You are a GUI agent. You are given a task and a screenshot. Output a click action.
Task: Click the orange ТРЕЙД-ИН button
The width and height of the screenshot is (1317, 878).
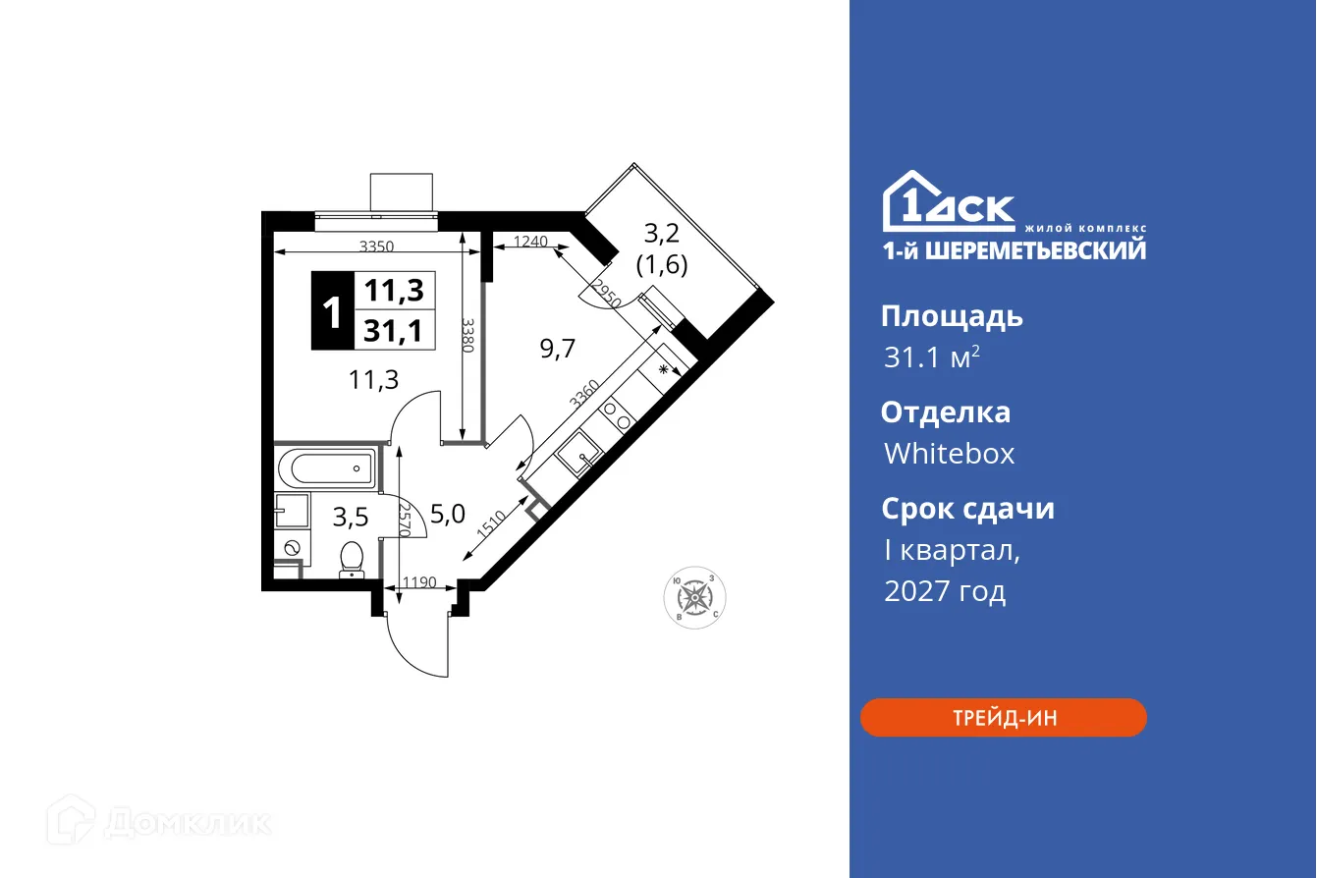tap(1003, 718)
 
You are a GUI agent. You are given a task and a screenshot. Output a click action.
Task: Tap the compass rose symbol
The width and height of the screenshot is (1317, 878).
tap(696, 596)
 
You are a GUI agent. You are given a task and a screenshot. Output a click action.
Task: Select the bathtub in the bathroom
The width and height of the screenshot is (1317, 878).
tap(326, 468)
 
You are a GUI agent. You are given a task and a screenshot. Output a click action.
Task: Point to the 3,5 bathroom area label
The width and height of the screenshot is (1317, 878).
tap(351, 516)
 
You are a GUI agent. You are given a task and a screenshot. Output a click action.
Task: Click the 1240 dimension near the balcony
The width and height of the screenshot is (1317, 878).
tap(530, 242)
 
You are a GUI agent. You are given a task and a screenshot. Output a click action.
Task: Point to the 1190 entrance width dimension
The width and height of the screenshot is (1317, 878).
tap(418, 583)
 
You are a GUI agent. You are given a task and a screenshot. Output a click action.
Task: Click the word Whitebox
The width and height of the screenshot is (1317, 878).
tap(949, 454)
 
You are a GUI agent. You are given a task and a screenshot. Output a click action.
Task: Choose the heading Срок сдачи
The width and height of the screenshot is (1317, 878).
tap(967, 509)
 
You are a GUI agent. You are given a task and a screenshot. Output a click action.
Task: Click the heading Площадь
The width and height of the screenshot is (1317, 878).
tap(952, 316)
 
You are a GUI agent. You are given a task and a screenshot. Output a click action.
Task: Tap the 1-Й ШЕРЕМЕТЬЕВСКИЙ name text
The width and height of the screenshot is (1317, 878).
tap(1015, 251)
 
